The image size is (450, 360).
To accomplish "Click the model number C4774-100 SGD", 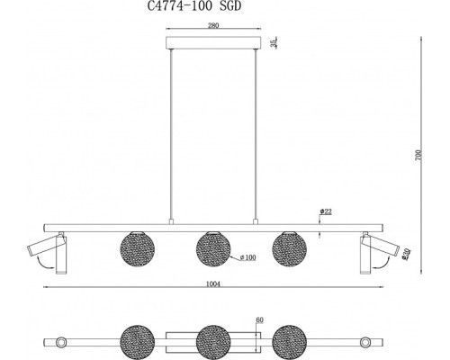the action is click(x=194, y=6).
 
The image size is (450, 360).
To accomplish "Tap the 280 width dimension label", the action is click(x=213, y=25).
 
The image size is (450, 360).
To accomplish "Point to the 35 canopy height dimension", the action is click(x=274, y=42).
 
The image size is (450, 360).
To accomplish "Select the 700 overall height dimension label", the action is click(x=419, y=155).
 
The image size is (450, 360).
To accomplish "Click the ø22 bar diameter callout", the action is click(x=326, y=211).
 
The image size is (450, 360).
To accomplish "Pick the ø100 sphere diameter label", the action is click(x=248, y=257).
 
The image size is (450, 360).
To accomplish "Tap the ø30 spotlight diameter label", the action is click(x=406, y=254).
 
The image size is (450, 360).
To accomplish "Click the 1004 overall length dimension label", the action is click(x=213, y=283).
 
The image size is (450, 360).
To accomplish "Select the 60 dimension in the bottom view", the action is click(x=259, y=320).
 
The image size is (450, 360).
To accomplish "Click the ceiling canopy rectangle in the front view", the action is click(x=213, y=42).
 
